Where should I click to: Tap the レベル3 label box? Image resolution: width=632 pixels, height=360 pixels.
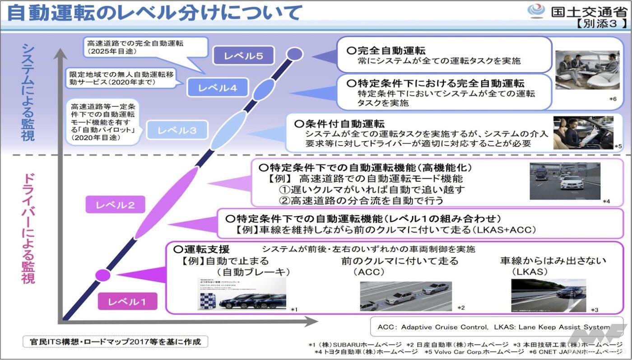[177, 131]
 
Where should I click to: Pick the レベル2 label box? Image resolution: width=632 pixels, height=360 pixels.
[115, 205]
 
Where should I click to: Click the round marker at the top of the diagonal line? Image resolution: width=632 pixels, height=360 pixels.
[295, 54]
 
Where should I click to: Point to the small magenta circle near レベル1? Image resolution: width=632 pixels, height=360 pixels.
[103, 274]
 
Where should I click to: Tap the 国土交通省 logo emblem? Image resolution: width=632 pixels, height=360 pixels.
[536, 11]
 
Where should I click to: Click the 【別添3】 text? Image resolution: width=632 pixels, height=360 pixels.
[601, 24]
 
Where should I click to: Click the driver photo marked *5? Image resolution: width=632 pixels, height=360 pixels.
[583, 132]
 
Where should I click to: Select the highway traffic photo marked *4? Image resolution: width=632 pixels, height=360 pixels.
[565, 180]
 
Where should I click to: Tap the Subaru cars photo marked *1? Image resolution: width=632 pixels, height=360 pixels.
[242, 294]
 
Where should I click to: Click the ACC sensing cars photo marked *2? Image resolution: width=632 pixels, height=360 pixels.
[405, 296]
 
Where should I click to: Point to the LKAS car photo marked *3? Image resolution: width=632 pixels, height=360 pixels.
[548, 295]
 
